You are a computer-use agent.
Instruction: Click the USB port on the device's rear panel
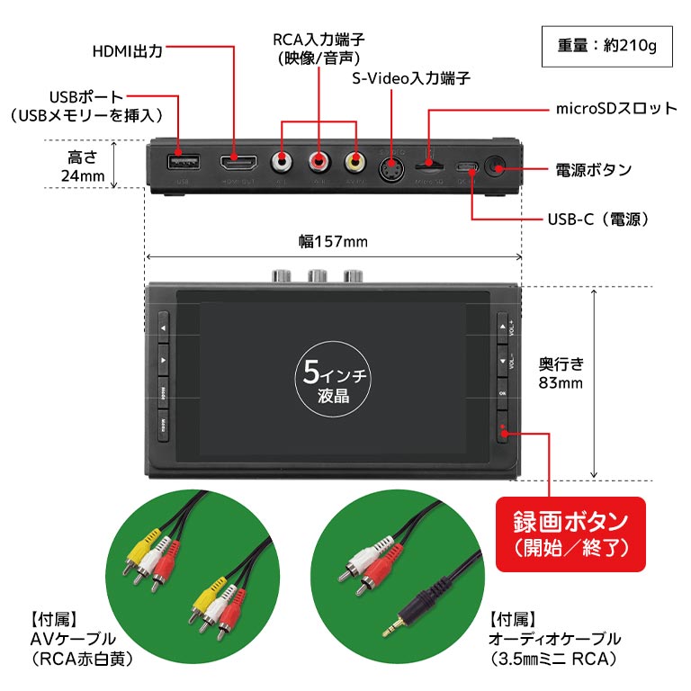(183, 163)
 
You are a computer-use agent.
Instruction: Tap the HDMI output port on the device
(238, 163)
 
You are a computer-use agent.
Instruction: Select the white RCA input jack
(283, 164)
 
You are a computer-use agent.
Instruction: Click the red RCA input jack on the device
(319, 164)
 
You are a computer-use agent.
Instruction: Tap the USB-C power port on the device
(467, 166)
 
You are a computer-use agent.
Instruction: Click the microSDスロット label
(615, 109)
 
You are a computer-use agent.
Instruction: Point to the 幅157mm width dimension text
(333, 242)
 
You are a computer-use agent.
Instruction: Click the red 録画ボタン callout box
(570, 534)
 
